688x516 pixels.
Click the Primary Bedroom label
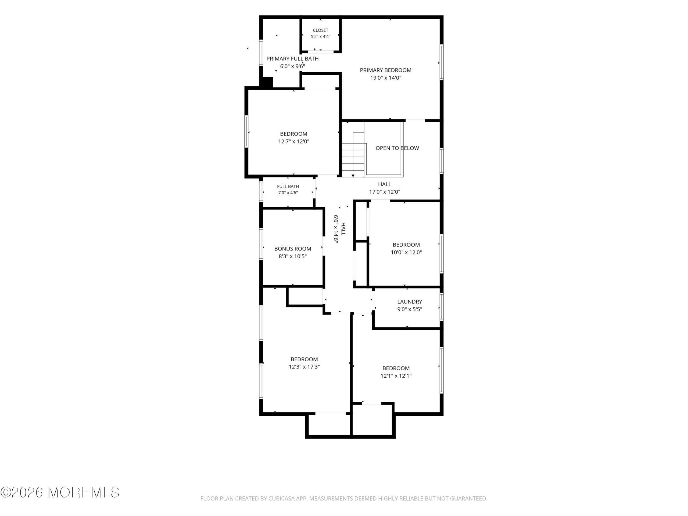[385, 70]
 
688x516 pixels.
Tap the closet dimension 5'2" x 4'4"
[320, 36]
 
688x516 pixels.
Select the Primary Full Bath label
[292, 59]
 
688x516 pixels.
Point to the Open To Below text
[397, 148]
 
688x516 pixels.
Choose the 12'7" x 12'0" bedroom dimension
[294, 142]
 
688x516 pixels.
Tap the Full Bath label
[288, 186]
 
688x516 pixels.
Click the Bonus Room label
[293, 249]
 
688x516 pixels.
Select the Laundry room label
[410, 302]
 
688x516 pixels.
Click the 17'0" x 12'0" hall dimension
[385, 192]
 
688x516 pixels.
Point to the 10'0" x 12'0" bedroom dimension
[406, 252]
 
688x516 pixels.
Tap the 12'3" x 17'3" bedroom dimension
[304, 367]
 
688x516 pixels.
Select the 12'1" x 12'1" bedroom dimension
[396, 376]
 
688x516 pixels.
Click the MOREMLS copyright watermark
[60, 492]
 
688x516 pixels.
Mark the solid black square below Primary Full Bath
[266, 82]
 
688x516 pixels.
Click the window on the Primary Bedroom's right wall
[441, 62]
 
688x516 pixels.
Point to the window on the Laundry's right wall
[441, 307]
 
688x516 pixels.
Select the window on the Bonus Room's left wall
[261, 244]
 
